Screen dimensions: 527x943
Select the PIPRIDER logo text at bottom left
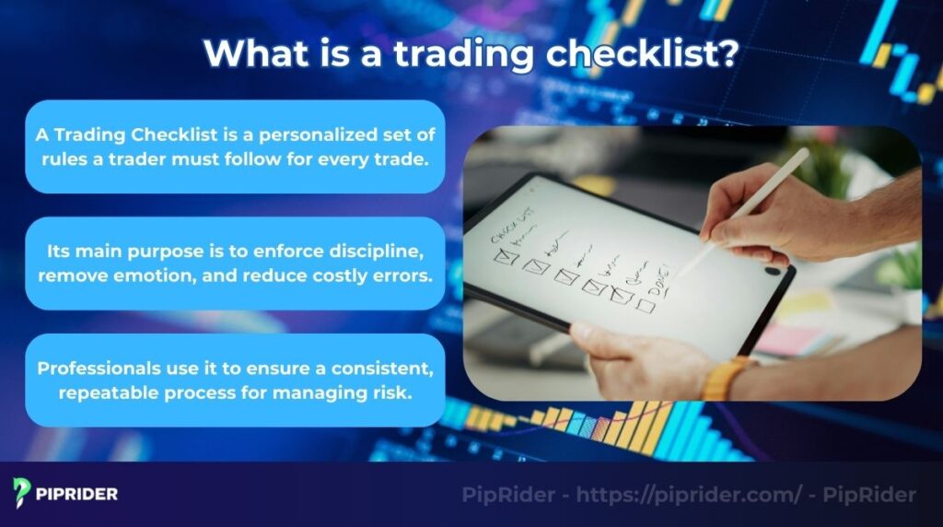point(77,494)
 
